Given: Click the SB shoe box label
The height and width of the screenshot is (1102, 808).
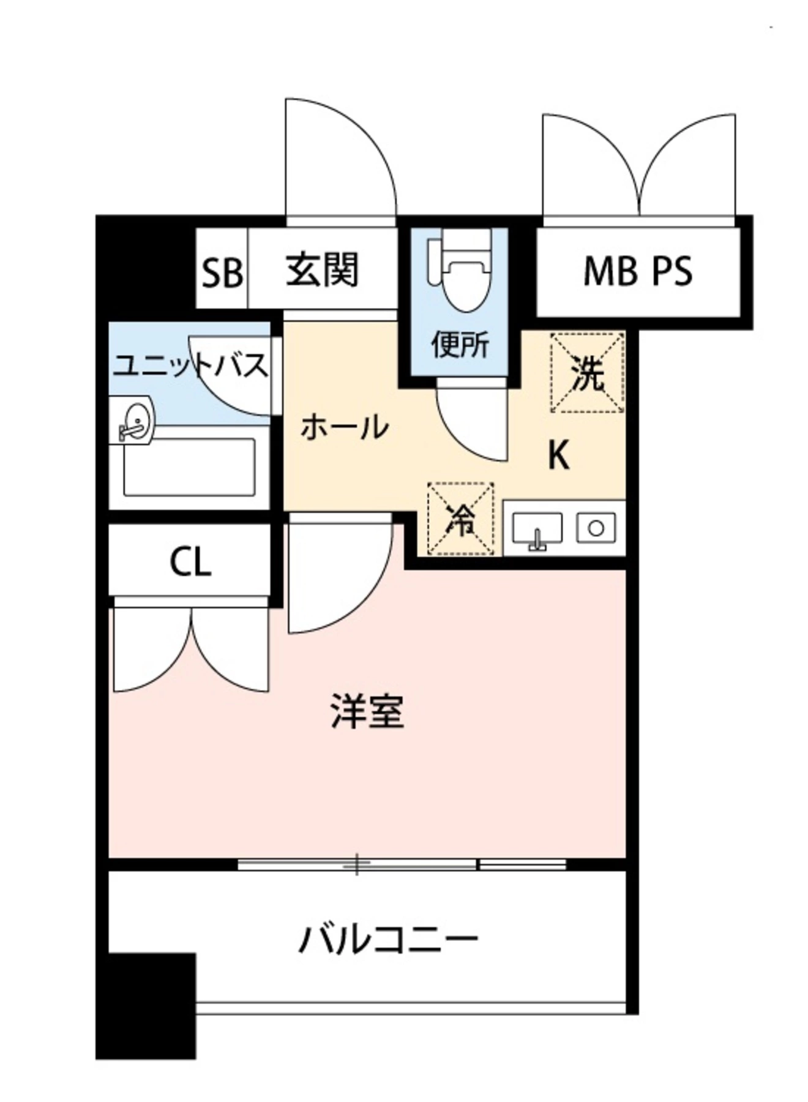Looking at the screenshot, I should coord(222,272).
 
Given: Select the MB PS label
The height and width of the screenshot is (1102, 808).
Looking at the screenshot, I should coord(637,271).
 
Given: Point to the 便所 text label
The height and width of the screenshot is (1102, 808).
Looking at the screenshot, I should coord(460,345).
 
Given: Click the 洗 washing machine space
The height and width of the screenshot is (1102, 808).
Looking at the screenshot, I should coord(588,372).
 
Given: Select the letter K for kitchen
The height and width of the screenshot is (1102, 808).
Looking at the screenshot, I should coord(558,455).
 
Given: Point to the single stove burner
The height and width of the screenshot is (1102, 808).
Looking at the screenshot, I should coord(596,527).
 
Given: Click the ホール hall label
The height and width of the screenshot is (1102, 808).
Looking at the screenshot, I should coord(345,427).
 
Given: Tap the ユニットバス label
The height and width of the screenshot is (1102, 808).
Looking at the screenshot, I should coord(190,365).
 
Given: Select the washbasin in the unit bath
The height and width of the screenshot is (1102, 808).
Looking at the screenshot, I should coord(133,421).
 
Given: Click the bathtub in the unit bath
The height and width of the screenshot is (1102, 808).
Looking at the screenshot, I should coord(189,467).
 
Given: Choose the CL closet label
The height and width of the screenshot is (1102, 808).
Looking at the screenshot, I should coord(190,561).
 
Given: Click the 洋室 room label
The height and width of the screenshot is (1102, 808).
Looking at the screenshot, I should coord(367,711).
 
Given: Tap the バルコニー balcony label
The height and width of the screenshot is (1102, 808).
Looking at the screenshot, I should coord(387,941).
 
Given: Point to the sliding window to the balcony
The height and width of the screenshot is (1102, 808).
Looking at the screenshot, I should coord(401,864).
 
